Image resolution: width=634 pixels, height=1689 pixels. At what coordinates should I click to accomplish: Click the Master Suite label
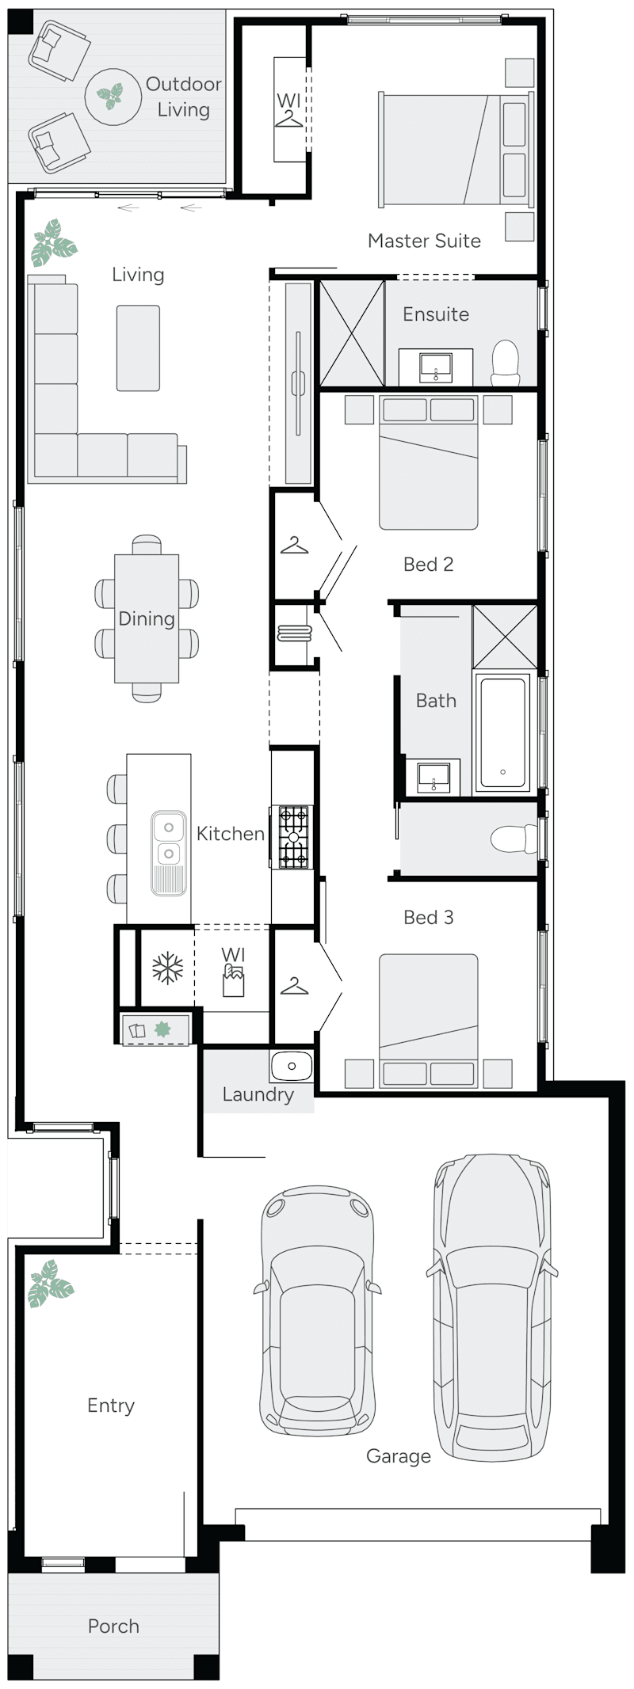pos(424,241)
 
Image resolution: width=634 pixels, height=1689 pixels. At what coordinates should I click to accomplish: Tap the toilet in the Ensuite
pos(505,363)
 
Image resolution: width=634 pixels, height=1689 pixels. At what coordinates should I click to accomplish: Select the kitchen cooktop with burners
pos(292,837)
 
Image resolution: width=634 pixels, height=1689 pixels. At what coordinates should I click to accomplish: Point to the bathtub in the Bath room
pos(502,732)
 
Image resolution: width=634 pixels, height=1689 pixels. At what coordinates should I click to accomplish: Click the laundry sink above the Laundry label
pos(292,1066)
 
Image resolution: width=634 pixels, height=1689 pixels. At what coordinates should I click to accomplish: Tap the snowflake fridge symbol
pos(167,968)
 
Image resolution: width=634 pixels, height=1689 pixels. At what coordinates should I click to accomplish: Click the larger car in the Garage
pos(491,1307)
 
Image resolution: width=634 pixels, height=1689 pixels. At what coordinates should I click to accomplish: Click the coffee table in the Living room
pos(138,348)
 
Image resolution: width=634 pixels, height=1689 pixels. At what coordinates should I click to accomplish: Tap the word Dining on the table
pos(147,618)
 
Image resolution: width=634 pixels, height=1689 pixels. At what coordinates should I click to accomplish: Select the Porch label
pos(113,1626)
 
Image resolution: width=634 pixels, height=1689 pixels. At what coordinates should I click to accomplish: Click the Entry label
pos(111,1406)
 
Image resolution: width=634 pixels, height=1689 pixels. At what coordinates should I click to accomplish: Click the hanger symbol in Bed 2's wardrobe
pos(294,546)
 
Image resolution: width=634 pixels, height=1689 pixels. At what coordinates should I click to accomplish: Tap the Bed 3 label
pos(428,917)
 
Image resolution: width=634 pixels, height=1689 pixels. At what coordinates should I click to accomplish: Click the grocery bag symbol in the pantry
pos(233,980)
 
